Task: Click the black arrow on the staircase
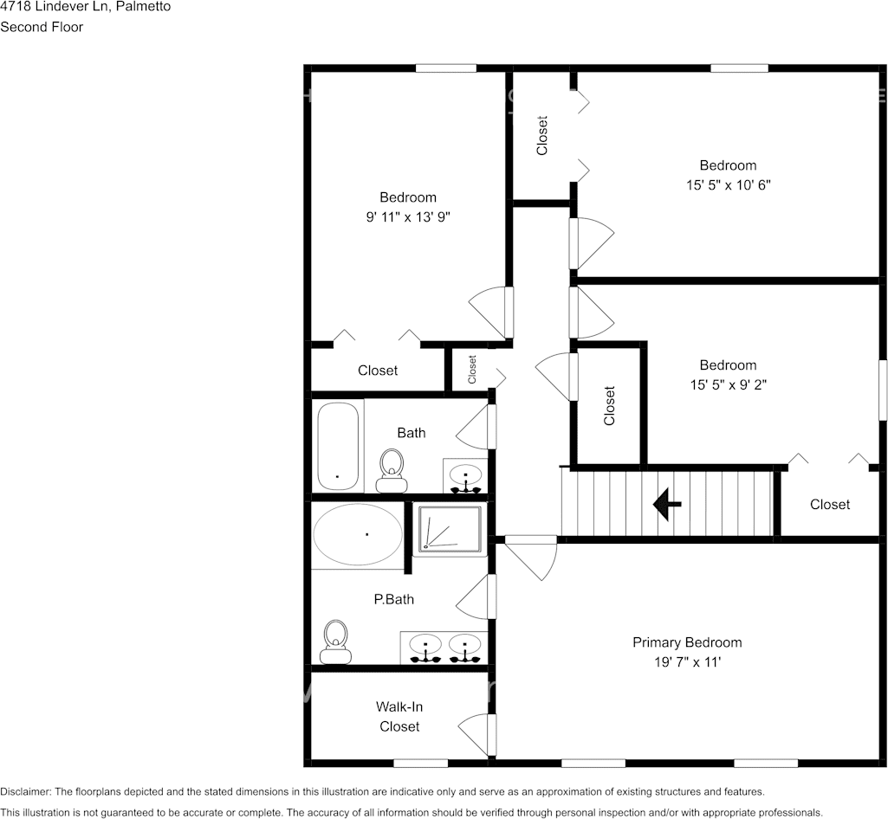pos(666,504)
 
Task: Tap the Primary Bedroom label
pos(687,642)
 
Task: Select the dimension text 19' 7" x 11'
pos(687,662)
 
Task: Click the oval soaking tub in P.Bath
pos(357,534)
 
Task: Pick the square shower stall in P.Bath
pos(450,529)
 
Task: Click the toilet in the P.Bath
pos(335,641)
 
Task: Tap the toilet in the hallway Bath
pos(392,469)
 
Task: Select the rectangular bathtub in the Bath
pos(338,444)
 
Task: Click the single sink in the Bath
pos(466,477)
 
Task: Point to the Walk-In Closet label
pos(399,717)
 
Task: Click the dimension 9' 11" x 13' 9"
pos(407,217)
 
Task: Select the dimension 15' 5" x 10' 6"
pos(728,184)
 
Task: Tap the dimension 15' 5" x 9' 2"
pos(728,385)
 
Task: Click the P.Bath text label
pos(394,599)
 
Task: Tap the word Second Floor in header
pos(42,27)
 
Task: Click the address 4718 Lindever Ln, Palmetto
pos(85,7)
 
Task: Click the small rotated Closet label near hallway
pos(472,370)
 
